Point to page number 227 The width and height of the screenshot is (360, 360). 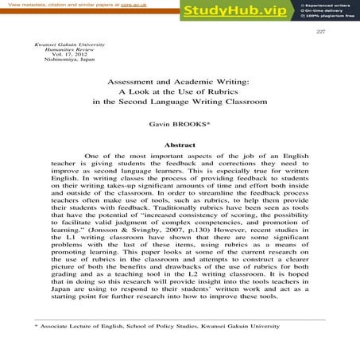[x=320, y=32]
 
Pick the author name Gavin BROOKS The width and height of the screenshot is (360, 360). [x=180, y=125]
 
